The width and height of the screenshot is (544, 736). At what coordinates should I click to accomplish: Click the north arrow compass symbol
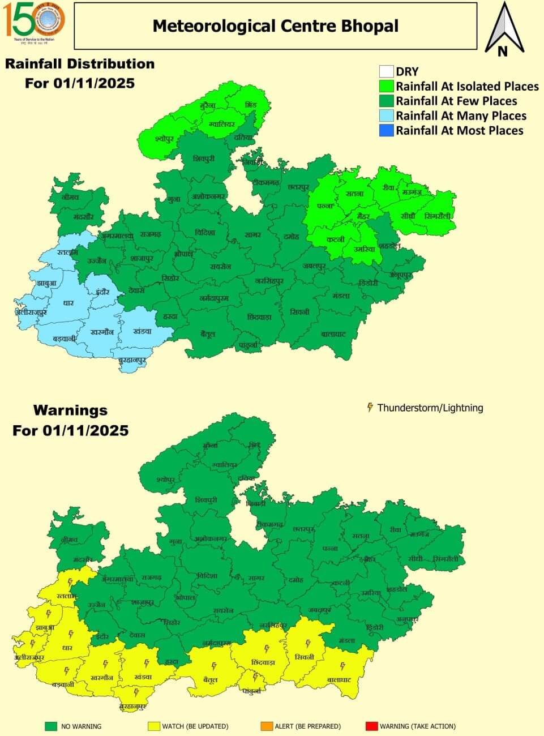pos(504,30)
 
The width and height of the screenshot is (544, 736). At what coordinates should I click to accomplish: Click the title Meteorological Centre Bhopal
pos(275,26)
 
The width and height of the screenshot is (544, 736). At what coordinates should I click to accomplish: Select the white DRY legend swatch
pos(386,71)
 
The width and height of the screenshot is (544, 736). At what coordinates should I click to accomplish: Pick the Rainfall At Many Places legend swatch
pos(386,115)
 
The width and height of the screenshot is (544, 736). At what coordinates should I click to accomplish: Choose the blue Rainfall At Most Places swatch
pos(386,130)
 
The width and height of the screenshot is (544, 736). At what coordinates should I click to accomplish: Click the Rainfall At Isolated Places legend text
pos(467,86)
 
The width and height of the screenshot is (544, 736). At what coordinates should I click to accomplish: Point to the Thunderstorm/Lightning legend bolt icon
pos(370,407)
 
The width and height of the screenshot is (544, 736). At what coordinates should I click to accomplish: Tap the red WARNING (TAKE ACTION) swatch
pos(372,726)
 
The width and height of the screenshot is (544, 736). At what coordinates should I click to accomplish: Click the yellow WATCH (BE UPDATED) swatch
pos(154,726)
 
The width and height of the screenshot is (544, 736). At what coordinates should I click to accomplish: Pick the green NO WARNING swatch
pos(52,726)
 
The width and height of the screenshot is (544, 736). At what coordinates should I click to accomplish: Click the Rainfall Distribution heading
pos(80,63)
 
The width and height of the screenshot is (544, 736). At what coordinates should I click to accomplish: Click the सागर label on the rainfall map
pos(252,233)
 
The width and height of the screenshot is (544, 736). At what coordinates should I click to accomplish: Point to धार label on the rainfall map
pos(68,302)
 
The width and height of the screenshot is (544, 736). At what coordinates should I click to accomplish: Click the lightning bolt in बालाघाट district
pos(342,667)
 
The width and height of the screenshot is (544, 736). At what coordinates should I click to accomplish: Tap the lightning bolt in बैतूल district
pos(214,666)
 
